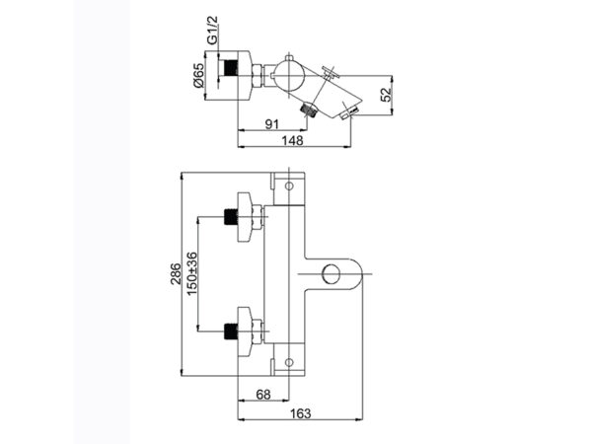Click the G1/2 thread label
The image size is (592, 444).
tap(213, 31)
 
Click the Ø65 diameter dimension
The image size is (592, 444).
tap(198, 76)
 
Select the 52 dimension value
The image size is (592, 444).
tap(386, 95)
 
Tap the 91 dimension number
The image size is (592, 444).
tap(272, 124)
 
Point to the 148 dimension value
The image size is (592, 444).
tap(293, 140)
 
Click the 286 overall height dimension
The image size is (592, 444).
tap(176, 273)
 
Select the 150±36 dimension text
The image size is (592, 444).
tap(191, 273)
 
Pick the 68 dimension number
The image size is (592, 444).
tap(263, 395)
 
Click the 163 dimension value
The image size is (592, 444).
tap(301, 413)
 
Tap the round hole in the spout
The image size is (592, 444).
tap(332, 273)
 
